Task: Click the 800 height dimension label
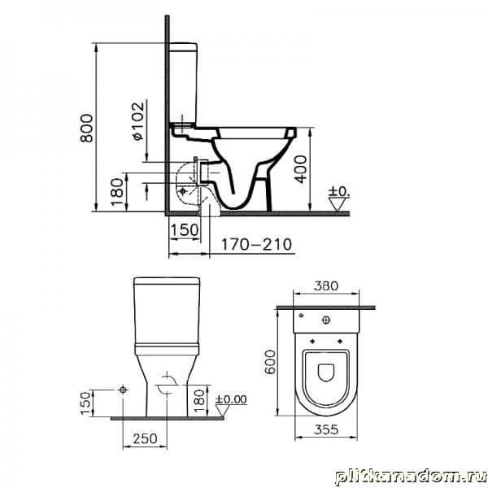pos(86,128)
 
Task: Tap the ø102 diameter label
pos(138,120)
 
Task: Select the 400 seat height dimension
pos(301,169)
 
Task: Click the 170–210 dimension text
pos(257,245)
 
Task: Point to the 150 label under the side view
pos(185,230)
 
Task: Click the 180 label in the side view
pos(117,192)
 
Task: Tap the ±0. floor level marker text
pos(339,191)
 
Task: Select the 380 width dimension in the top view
pos(326,285)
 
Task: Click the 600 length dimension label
pos(270,362)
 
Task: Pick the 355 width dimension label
pos(326,429)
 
